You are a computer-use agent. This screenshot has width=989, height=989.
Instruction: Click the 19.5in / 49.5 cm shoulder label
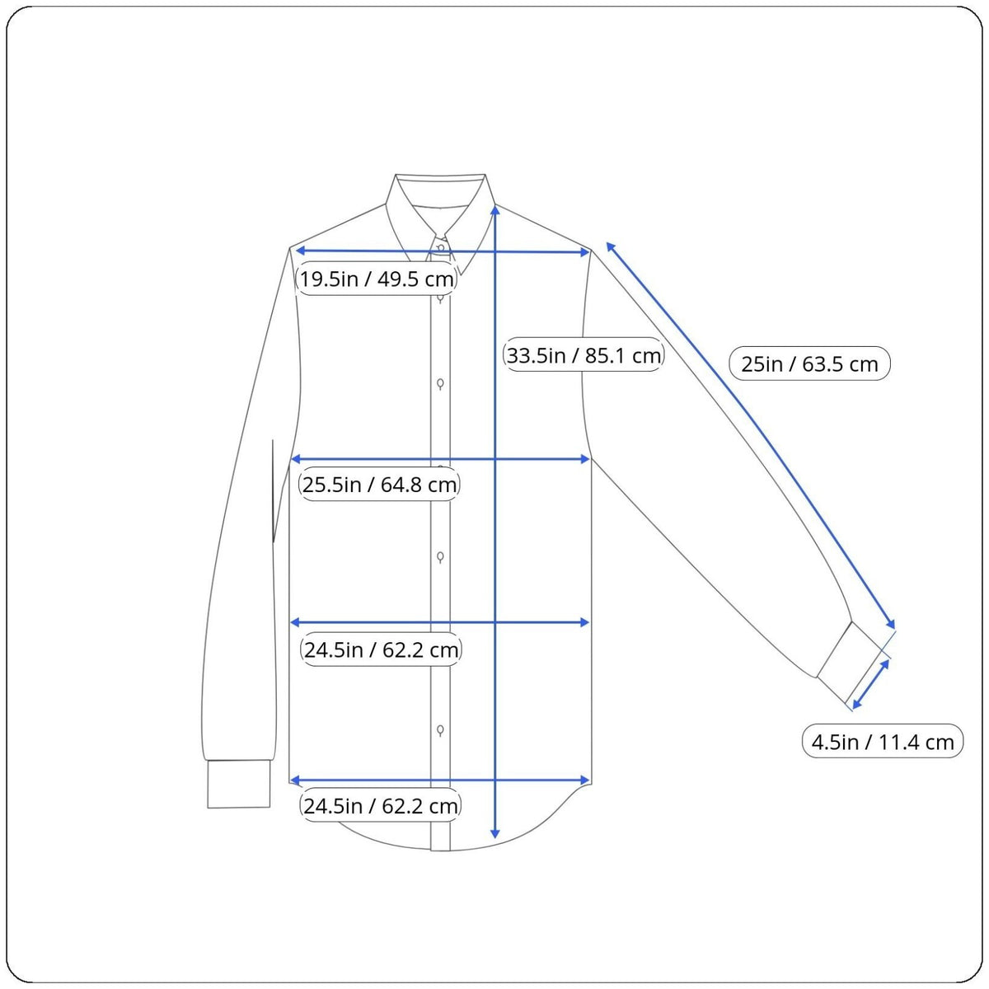(x=376, y=279)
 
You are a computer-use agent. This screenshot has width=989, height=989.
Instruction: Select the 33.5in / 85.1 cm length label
(x=584, y=354)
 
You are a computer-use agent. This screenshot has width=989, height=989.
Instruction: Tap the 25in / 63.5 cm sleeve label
(x=809, y=363)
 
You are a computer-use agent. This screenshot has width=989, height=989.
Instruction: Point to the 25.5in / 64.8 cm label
(x=379, y=484)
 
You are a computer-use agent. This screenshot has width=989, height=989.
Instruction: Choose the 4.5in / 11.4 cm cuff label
(x=882, y=742)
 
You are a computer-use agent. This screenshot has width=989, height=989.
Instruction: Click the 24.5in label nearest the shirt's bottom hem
(x=380, y=805)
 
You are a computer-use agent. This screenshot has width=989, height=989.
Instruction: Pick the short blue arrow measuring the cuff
(x=870, y=684)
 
